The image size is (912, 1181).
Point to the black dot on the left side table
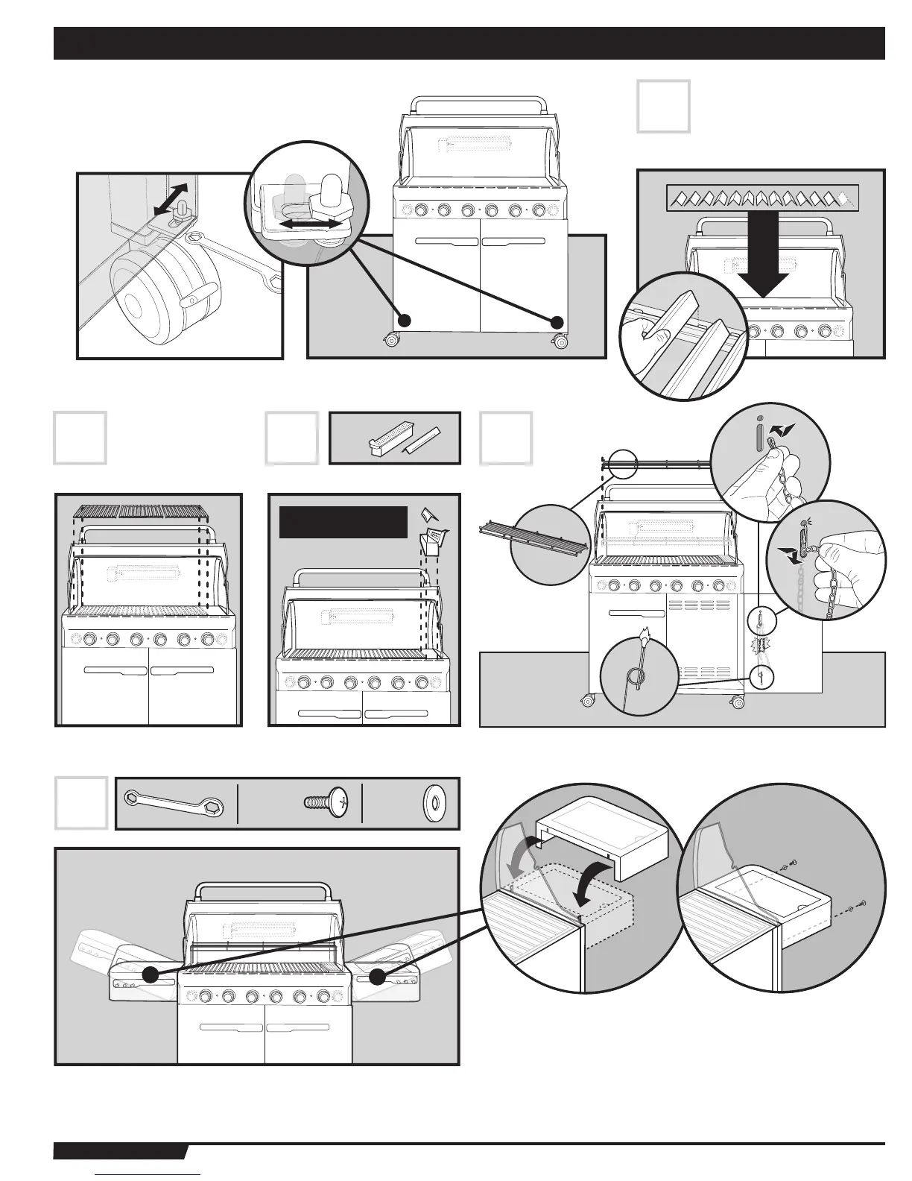(151, 974)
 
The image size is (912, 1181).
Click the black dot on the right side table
(379, 975)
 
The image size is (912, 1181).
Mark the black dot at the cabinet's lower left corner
(404, 321)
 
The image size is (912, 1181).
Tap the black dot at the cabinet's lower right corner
(556, 322)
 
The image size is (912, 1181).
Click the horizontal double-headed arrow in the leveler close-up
(307, 222)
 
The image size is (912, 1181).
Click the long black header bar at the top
(469, 43)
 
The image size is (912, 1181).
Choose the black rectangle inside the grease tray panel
(343, 522)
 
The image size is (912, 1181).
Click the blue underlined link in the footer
(148, 1175)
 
